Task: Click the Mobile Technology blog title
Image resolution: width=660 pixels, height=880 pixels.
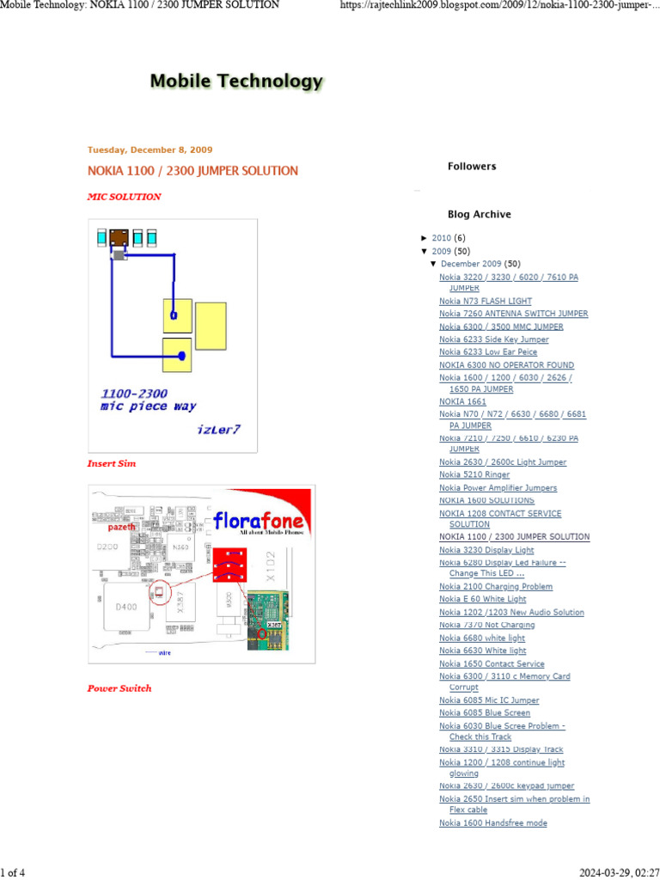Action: (x=236, y=82)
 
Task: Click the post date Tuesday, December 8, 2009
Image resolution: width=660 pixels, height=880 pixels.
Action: (x=150, y=150)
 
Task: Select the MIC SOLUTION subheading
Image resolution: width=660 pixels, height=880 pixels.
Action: (x=124, y=197)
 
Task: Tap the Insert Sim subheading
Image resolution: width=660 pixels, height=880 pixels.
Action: (x=112, y=463)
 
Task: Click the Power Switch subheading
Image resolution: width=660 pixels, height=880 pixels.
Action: (x=119, y=688)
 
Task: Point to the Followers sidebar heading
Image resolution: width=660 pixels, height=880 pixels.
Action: (x=472, y=167)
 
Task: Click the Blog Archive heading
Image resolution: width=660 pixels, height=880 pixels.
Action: (x=479, y=215)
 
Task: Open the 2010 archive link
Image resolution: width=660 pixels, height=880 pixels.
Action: (x=441, y=238)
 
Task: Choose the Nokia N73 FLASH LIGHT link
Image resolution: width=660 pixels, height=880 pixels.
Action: (x=486, y=302)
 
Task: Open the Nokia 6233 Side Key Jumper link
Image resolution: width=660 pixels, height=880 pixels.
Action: (x=493, y=339)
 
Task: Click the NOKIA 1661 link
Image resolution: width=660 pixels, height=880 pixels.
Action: (x=462, y=401)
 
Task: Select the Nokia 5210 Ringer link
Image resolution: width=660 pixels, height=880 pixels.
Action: (x=474, y=474)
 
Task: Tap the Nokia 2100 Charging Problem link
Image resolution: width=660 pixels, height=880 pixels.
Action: (x=496, y=587)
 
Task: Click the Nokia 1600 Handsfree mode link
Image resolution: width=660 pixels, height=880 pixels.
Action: (x=493, y=823)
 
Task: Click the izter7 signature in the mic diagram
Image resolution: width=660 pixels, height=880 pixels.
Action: (x=218, y=429)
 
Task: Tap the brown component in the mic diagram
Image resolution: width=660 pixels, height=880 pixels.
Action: (x=119, y=237)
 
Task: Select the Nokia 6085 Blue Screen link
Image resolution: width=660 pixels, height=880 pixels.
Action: (x=485, y=713)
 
